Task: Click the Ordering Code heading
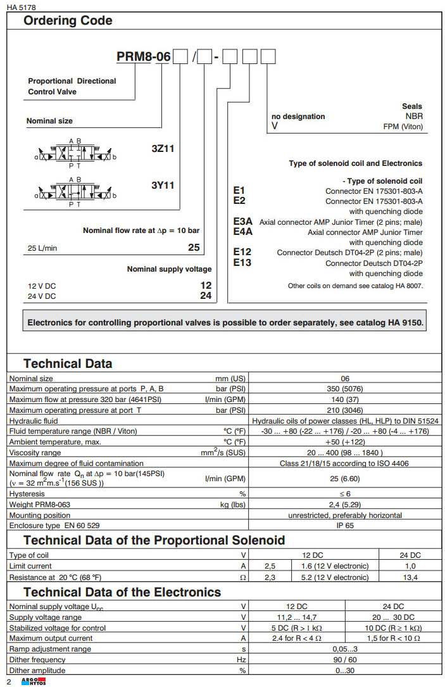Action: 68,21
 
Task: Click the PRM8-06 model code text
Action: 144,57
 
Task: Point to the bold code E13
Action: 242,263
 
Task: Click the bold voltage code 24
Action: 206,296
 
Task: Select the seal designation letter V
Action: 275,126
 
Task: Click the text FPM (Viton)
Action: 403,127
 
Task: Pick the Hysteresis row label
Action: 27,493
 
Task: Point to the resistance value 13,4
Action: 410,577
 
